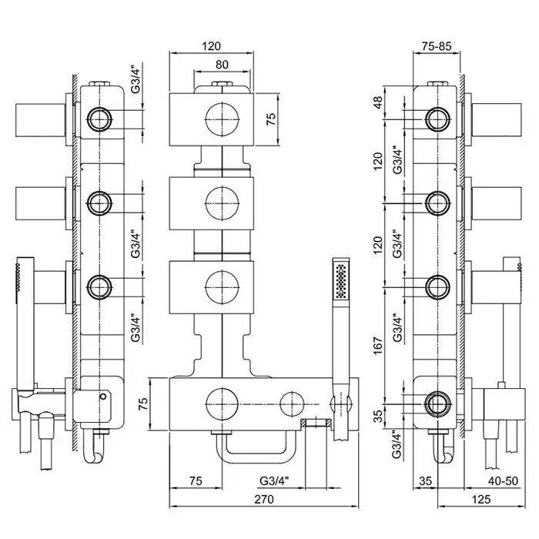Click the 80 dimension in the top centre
[x=222, y=65]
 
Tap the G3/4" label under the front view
[x=274, y=480]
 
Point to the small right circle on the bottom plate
[x=292, y=402]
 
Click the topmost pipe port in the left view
[x=99, y=119]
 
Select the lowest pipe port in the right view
[x=437, y=401]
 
